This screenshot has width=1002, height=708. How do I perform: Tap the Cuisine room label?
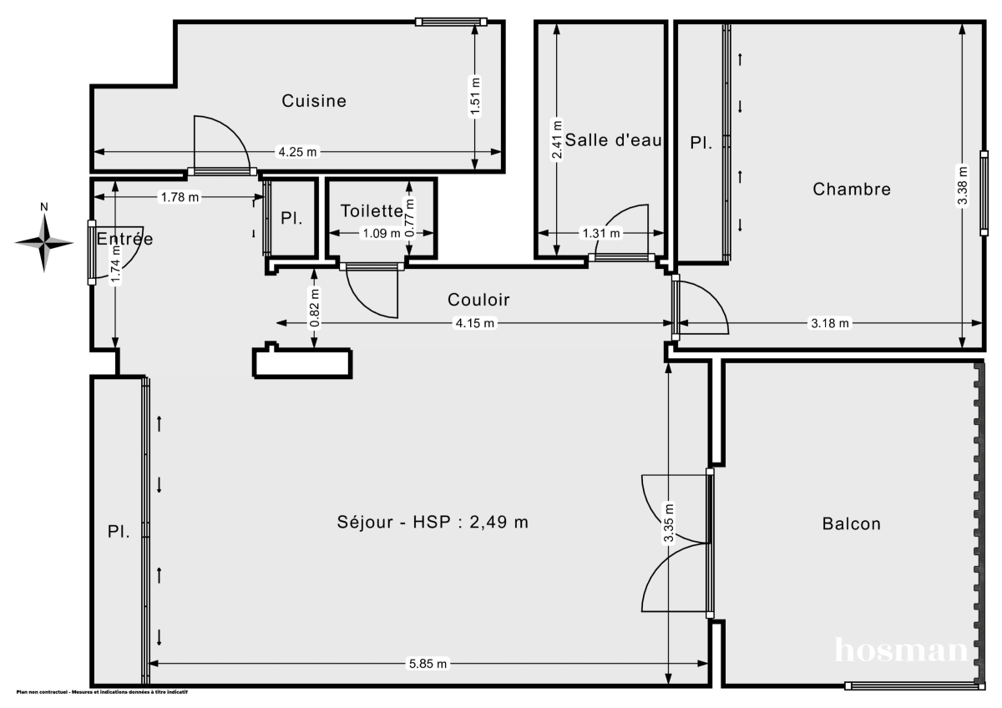pyautogui.click(x=314, y=101)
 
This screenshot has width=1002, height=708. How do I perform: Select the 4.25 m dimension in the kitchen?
pyautogui.click(x=297, y=152)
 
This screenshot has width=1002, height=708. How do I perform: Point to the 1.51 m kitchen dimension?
pyautogui.click(x=475, y=99)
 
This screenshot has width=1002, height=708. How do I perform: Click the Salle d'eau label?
pyautogui.click(x=614, y=140)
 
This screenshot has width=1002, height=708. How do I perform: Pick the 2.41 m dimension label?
pyautogui.click(x=557, y=139)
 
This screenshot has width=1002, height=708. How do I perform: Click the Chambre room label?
pyautogui.click(x=852, y=190)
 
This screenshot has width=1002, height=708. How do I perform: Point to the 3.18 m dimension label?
pyautogui.click(x=830, y=323)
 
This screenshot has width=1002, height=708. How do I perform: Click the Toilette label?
pyautogui.click(x=372, y=212)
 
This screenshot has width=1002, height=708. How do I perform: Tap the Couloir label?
pyautogui.click(x=478, y=300)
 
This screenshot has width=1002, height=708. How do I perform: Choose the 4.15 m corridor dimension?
pyautogui.click(x=473, y=323)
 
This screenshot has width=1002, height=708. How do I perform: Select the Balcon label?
pyautogui.click(x=852, y=524)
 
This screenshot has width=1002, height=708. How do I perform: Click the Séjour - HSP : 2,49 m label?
pyautogui.click(x=433, y=523)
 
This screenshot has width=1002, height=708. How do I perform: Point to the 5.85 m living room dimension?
pyautogui.click(x=428, y=664)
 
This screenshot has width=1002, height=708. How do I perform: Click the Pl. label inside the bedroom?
pyautogui.click(x=701, y=143)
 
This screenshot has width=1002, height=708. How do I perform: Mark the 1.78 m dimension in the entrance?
pyautogui.click(x=180, y=198)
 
